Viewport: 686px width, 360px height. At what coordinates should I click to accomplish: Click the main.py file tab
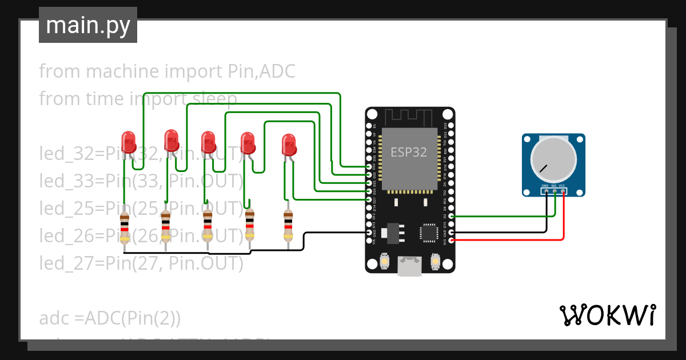tap(87, 25)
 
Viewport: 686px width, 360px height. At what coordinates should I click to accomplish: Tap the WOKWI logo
tap(607, 315)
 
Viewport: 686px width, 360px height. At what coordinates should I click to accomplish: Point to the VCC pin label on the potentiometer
tap(563, 186)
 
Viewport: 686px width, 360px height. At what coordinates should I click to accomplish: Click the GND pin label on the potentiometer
tap(545, 186)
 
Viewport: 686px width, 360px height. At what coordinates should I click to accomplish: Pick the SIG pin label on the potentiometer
tap(554, 186)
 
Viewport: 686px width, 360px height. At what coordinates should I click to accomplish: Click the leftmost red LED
tap(128, 141)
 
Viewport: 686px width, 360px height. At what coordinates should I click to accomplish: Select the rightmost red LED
tap(289, 145)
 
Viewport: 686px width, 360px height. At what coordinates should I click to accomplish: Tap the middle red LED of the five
tap(208, 142)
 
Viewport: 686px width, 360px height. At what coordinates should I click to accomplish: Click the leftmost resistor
tap(125, 227)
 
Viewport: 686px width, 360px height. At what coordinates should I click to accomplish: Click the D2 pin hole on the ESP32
tap(452, 216)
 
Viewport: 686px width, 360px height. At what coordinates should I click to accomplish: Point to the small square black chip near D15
tap(428, 233)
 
